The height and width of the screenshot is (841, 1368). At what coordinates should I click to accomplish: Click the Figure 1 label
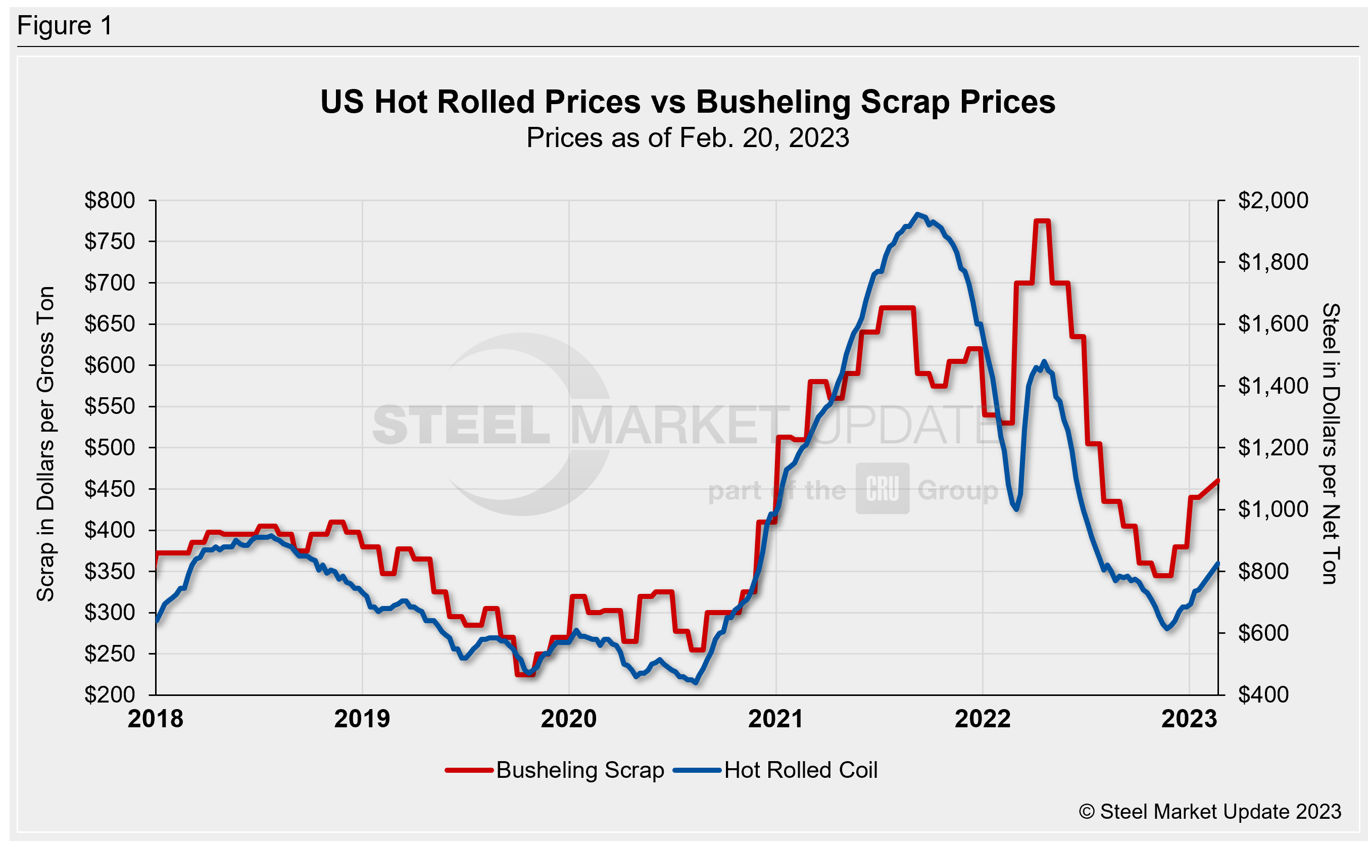(x=65, y=26)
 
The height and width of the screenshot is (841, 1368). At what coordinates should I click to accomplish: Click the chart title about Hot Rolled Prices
(x=688, y=102)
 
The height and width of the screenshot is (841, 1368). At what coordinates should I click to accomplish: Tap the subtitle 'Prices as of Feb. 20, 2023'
(x=688, y=137)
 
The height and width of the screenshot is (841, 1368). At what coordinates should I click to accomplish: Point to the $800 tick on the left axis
(x=110, y=200)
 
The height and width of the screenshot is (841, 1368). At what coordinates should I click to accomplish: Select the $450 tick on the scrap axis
(x=110, y=489)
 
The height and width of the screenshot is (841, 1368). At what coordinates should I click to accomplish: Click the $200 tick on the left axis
(x=110, y=695)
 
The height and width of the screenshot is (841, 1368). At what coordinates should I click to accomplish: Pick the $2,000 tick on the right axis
(x=1273, y=200)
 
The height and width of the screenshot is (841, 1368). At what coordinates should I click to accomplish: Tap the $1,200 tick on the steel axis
(x=1273, y=447)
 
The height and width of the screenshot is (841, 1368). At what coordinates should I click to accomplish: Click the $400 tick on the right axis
(x=1263, y=695)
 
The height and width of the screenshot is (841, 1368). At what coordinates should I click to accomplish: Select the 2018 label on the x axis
(x=155, y=719)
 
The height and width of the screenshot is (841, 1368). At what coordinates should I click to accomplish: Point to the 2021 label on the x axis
(x=775, y=719)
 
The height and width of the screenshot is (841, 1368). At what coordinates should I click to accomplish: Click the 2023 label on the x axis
(x=1189, y=719)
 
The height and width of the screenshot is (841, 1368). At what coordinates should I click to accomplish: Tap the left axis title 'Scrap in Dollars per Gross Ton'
(x=45, y=444)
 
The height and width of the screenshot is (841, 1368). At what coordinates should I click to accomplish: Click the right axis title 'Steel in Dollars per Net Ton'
(x=1330, y=444)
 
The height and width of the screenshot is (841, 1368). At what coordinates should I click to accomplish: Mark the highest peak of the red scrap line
(x=1042, y=221)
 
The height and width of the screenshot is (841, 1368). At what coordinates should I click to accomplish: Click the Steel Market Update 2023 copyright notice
(x=1209, y=812)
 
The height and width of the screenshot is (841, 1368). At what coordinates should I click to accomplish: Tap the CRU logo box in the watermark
(x=882, y=488)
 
